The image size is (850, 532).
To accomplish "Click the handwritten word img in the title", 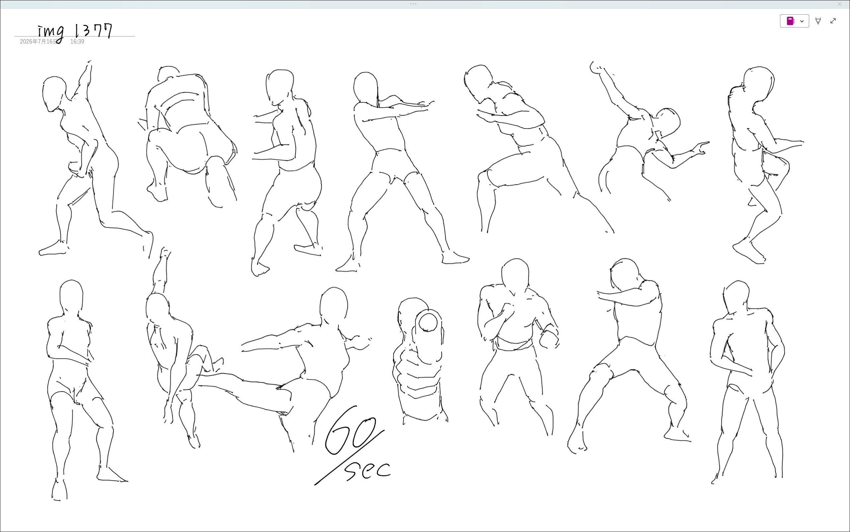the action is pos(51,33).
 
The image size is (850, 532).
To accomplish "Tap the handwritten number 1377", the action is pos(93,31).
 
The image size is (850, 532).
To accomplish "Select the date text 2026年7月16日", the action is pos(38,42).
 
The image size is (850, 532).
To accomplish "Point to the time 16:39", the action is pos(77,42).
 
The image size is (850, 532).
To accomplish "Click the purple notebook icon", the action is pos(790,21).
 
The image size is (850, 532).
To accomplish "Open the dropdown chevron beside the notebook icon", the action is pos(802,21).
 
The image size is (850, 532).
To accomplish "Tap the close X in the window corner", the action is pos(840,4).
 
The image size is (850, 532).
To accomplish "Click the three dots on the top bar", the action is pos(413,4).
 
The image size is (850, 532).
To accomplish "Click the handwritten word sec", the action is pos(368,470).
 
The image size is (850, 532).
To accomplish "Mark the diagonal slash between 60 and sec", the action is pos(349,458).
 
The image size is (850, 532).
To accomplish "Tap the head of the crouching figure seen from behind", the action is pos(168,73).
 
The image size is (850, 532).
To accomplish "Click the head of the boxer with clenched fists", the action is pos(515,276).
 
